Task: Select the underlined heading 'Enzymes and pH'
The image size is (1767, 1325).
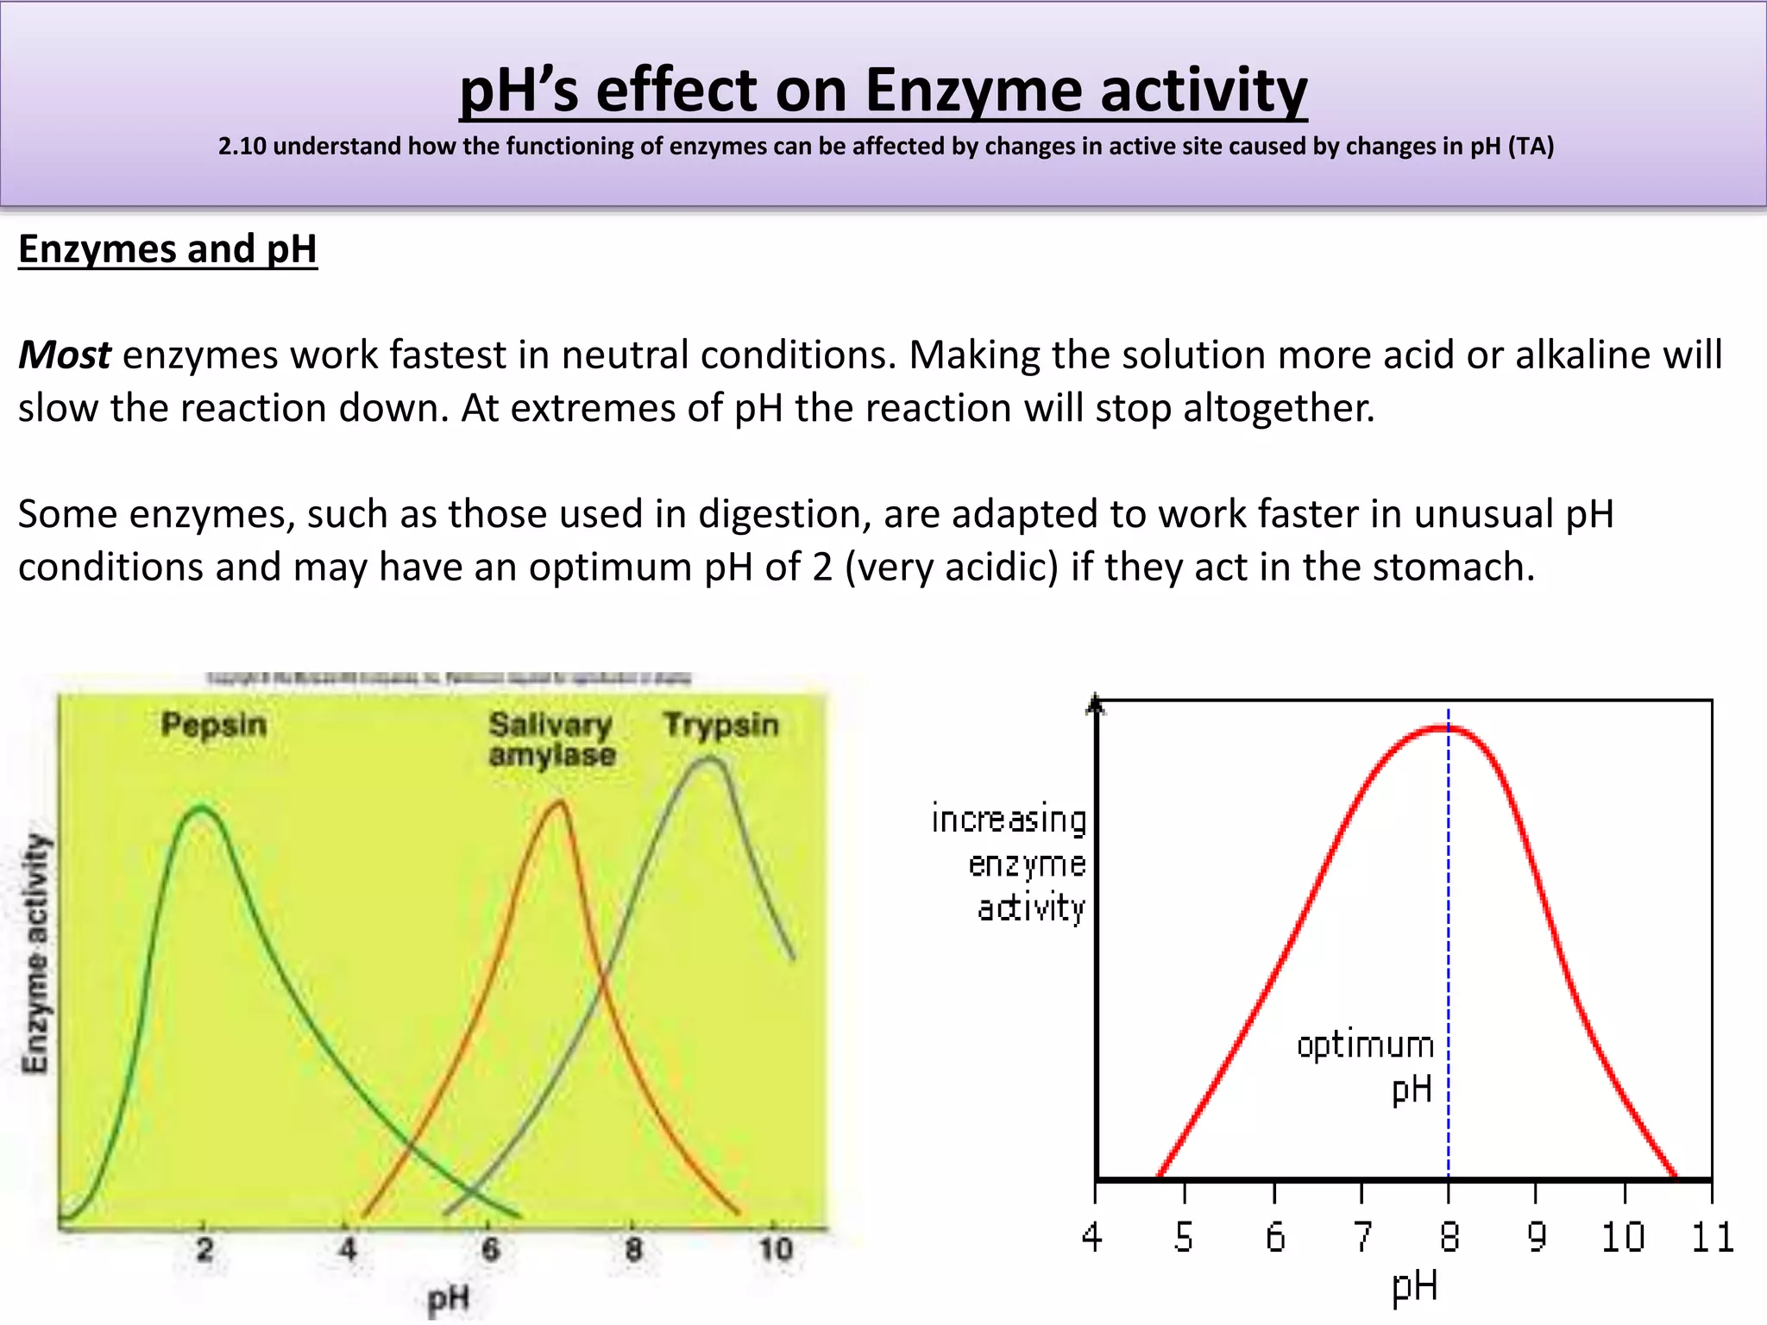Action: pyautogui.click(x=167, y=249)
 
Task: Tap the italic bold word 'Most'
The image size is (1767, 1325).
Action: pyautogui.click(x=64, y=355)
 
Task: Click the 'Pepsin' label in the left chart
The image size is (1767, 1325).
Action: pyautogui.click(x=213, y=725)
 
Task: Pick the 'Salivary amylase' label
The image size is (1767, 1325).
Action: pyautogui.click(x=552, y=739)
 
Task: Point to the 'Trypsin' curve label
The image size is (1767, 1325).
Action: pyautogui.click(x=720, y=725)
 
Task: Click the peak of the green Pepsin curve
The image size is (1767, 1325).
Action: pyautogui.click(x=202, y=809)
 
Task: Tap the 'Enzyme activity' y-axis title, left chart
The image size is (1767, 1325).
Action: pyautogui.click(x=35, y=953)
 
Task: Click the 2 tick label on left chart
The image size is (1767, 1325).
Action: pyautogui.click(x=204, y=1249)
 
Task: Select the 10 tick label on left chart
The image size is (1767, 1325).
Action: pyautogui.click(x=775, y=1249)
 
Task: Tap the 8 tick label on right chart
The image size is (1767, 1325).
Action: pyautogui.click(x=1449, y=1237)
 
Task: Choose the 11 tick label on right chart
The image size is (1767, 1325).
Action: pyautogui.click(x=1712, y=1237)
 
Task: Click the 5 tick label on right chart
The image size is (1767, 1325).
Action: pyautogui.click(x=1184, y=1237)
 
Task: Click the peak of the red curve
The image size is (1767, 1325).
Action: pyautogui.click(x=1449, y=728)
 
